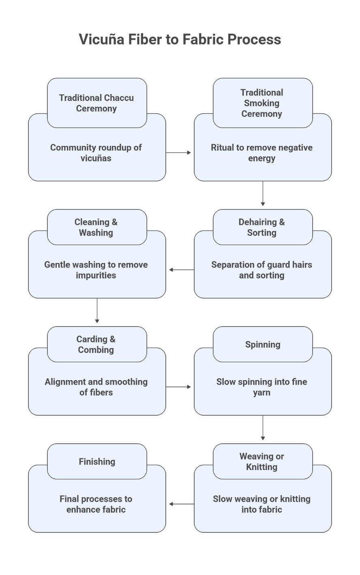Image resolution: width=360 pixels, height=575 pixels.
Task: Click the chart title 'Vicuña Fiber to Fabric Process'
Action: click(180, 39)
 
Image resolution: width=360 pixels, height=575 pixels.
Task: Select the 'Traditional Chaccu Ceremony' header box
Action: click(96, 103)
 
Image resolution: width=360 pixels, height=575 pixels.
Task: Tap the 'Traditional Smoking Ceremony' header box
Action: click(262, 103)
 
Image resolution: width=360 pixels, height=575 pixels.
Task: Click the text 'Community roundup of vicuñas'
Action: click(96, 153)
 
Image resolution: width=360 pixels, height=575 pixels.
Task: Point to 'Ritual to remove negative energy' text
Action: click(261, 153)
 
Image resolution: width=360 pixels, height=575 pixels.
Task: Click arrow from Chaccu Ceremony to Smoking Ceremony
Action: click(178, 153)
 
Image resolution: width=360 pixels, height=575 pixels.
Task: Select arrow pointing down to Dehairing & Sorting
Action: click(263, 193)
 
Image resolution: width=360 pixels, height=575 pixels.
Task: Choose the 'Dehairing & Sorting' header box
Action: click(262, 227)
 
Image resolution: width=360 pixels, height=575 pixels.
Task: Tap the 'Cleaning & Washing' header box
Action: click(96, 227)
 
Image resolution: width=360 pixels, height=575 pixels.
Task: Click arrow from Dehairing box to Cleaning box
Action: click(181, 270)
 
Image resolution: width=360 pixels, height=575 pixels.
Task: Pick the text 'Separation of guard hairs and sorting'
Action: click(261, 270)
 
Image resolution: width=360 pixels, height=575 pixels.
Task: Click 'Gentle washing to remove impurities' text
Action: click(96, 270)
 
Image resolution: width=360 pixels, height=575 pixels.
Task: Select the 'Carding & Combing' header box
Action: click(96, 344)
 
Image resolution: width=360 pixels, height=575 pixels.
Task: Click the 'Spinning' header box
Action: click(262, 344)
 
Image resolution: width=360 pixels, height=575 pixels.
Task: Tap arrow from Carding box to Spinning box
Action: click(178, 387)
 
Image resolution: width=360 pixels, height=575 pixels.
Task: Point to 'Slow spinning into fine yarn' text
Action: click(261, 387)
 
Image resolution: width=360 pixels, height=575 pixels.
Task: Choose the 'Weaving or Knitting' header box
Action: click(262, 462)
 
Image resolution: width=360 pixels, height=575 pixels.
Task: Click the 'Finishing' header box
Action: click(96, 462)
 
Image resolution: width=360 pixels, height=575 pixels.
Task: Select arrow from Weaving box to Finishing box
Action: click(181, 504)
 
